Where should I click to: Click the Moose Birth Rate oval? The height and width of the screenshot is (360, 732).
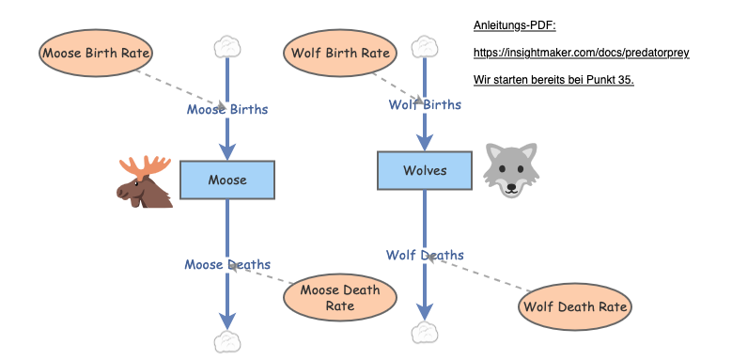pyautogui.click(x=97, y=52)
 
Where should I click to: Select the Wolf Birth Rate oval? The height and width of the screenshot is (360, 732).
pyautogui.click(x=338, y=52)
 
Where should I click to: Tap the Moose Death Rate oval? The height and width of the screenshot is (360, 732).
pyautogui.click(x=339, y=297)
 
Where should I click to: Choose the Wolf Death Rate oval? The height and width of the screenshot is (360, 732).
pyautogui.click(x=575, y=305)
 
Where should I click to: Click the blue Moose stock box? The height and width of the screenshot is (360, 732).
pyautogui.click(x=226, y=180)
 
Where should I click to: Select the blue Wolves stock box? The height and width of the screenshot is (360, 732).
pyautogui.click(x=425, y=170)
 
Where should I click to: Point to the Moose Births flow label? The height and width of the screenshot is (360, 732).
pyautogui.click(x=227, y=109)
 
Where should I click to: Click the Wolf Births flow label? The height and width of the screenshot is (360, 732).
pyautogui.click(x=425, y=104)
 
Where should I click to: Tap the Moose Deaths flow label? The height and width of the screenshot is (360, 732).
pyautogui.click(x=227, y=264)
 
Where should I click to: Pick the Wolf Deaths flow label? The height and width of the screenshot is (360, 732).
pyautogui.click(x=425, y=255)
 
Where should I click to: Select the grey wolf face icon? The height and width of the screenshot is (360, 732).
pyautogui.click(x=511, y=170)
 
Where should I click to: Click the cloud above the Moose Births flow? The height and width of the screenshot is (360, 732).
pyautogui.click(x=227, y=45)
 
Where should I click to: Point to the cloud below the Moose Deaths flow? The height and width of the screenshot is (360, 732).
pyautogui.click(x=227, y=342)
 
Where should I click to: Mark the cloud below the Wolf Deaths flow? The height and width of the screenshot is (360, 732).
pyautogui.click(x=426, y=332)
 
